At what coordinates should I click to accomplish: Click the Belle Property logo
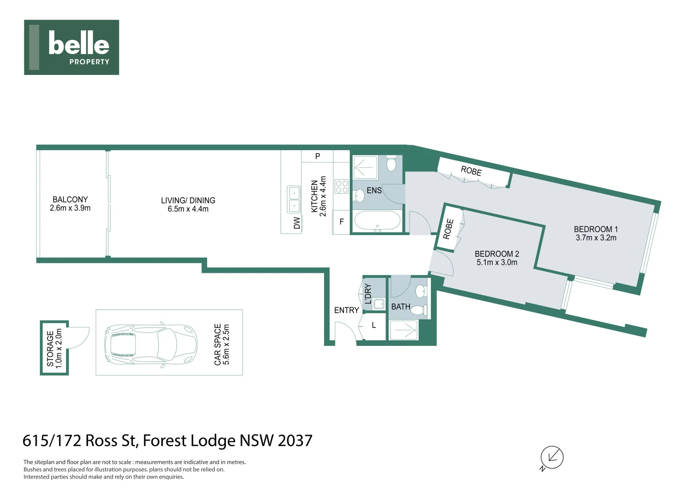tap(71, 47)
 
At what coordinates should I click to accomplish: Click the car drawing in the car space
tap(151, 345)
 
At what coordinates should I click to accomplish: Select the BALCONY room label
tap(70, 199)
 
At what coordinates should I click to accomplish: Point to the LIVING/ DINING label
tap(188, 200)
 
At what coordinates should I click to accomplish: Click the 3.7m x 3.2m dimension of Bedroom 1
tap(596, 238)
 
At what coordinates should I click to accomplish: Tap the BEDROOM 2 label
tap(497, 254)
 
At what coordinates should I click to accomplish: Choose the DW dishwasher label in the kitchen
tap(297, 223)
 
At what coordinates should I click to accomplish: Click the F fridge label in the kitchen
tap(342, 222)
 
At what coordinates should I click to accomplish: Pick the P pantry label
tap(317, 156)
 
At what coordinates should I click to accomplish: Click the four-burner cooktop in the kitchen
tap(342, 186)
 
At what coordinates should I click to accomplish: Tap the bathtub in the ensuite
tap(377, 221)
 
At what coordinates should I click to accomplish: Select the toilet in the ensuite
tap(391, 163)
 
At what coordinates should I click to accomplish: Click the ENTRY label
tap(346, 310)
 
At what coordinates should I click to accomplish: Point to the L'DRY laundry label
tap(368, 293)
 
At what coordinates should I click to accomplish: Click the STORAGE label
tap(50, 349)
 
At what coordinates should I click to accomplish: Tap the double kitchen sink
tap(293, 200)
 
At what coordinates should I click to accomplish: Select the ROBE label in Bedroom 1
tap(471, 171)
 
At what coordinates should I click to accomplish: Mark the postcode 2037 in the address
tap(295, 440)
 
